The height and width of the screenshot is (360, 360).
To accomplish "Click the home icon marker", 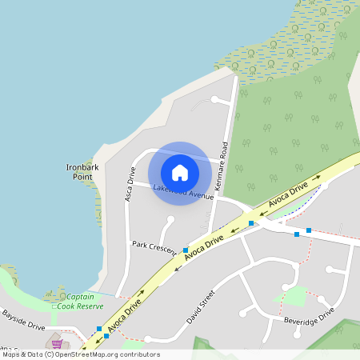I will pos(180,172).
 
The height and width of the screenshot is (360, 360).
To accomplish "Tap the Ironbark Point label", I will pos(82,171).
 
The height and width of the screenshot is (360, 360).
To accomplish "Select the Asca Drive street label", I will pos(130,183).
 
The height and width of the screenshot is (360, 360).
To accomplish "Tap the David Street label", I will pos(202,306).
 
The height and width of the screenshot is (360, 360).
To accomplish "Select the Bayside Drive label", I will pos(23,321).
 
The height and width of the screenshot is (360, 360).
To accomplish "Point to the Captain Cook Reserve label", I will pos(80,301).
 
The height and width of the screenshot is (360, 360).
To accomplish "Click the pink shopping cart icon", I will pos(57,343).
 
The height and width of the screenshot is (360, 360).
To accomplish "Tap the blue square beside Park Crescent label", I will pos(186,250).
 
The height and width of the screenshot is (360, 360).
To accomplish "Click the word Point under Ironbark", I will pos(82,176).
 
